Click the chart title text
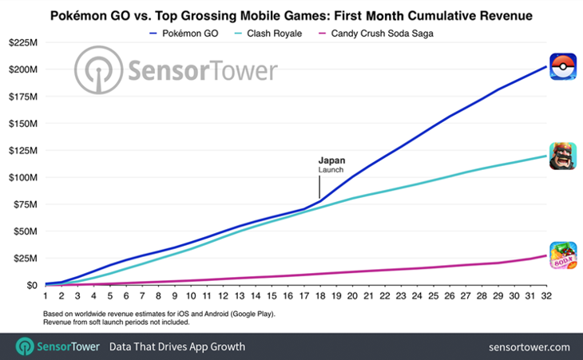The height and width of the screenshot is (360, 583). [x=291, y=16]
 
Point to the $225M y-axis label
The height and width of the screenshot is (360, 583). [x=22, y=42]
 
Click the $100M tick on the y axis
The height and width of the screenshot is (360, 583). [x=22, y=177]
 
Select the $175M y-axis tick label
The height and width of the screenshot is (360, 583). [x=22, y=96]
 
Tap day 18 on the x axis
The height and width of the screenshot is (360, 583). [x=319, y=297]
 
